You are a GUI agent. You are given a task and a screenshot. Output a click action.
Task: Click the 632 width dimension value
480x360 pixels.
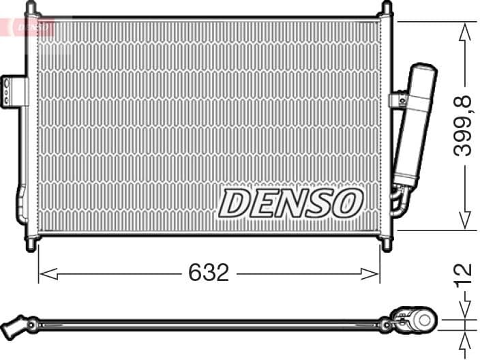click(x=209, y=273)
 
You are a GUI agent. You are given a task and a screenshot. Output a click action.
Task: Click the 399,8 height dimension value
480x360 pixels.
click(x=464, y=126)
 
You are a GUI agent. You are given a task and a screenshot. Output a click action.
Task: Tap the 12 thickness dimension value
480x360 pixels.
click(x=464, y=272)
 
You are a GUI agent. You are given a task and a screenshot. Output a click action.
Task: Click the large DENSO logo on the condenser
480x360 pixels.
click(x=290, y=202)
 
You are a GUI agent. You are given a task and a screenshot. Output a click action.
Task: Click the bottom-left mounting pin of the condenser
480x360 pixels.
click(x=30, y=244)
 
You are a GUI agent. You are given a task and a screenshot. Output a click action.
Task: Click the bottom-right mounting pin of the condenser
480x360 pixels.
click(x=387, y=244)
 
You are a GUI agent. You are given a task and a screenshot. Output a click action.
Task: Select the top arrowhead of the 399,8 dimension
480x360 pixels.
click(x=465, y=29)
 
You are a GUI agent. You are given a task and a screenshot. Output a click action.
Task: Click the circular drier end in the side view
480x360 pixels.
click(x=426, y=319)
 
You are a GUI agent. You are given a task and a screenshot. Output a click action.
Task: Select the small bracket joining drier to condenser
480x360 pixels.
click(x=397, y=100)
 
